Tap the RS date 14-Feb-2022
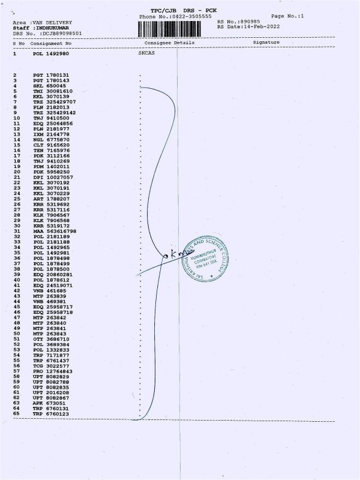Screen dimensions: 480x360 (x=259, y=27)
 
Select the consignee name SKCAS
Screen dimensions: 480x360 (x=146, y=53)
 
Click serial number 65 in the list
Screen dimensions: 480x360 (x=16, y=415)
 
